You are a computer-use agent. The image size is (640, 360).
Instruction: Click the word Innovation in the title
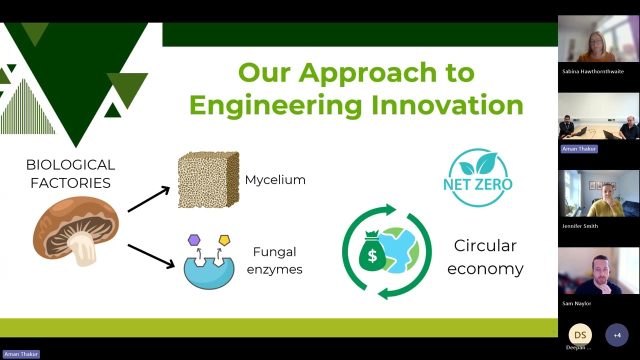[x=447, y=105]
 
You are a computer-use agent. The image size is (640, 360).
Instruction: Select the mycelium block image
[x=208, y=179]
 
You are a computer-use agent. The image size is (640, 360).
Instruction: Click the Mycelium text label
[x=275, y=180]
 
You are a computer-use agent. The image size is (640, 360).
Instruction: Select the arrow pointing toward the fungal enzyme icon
[x=150, y=255]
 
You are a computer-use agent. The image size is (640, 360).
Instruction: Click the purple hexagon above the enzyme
[x=194, y=240]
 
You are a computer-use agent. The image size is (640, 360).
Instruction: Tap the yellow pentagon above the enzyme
[x=224, y=240]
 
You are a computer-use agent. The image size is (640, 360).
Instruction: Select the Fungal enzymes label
[x=274, y=260]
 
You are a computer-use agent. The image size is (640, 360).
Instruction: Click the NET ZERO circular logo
[x=477, y=177]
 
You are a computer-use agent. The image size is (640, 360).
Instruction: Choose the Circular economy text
[x=485, y=257]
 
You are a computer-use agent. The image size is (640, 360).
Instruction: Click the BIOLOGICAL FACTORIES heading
[x=70, y=173]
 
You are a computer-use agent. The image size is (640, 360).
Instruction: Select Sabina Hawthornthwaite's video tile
[x=598, y=39]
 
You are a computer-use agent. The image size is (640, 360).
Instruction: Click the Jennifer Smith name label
[x=579, y=226]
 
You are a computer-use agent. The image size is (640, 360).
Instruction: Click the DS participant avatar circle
[x=580, y=335]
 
